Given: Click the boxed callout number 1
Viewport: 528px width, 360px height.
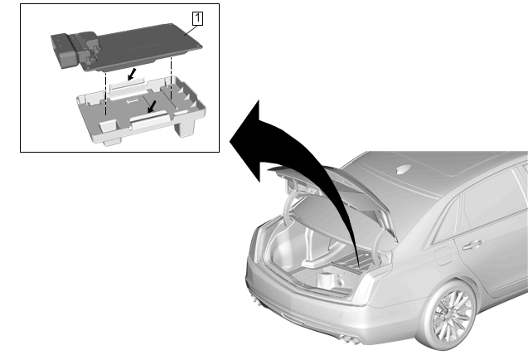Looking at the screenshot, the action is click(197, 18).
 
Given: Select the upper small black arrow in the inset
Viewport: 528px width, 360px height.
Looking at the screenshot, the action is click(132, 75).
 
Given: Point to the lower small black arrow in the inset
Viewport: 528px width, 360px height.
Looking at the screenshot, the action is click(152, 106).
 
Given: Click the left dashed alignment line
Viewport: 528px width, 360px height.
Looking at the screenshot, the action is click(106, 93).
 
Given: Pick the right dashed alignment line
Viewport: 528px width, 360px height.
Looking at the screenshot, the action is click(172, 78).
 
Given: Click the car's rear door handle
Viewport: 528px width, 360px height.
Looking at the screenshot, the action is click(472, 245).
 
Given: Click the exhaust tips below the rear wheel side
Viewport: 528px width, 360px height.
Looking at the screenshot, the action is click(350, 338).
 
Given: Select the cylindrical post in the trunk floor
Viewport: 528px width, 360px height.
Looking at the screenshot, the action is click(327, 279).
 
